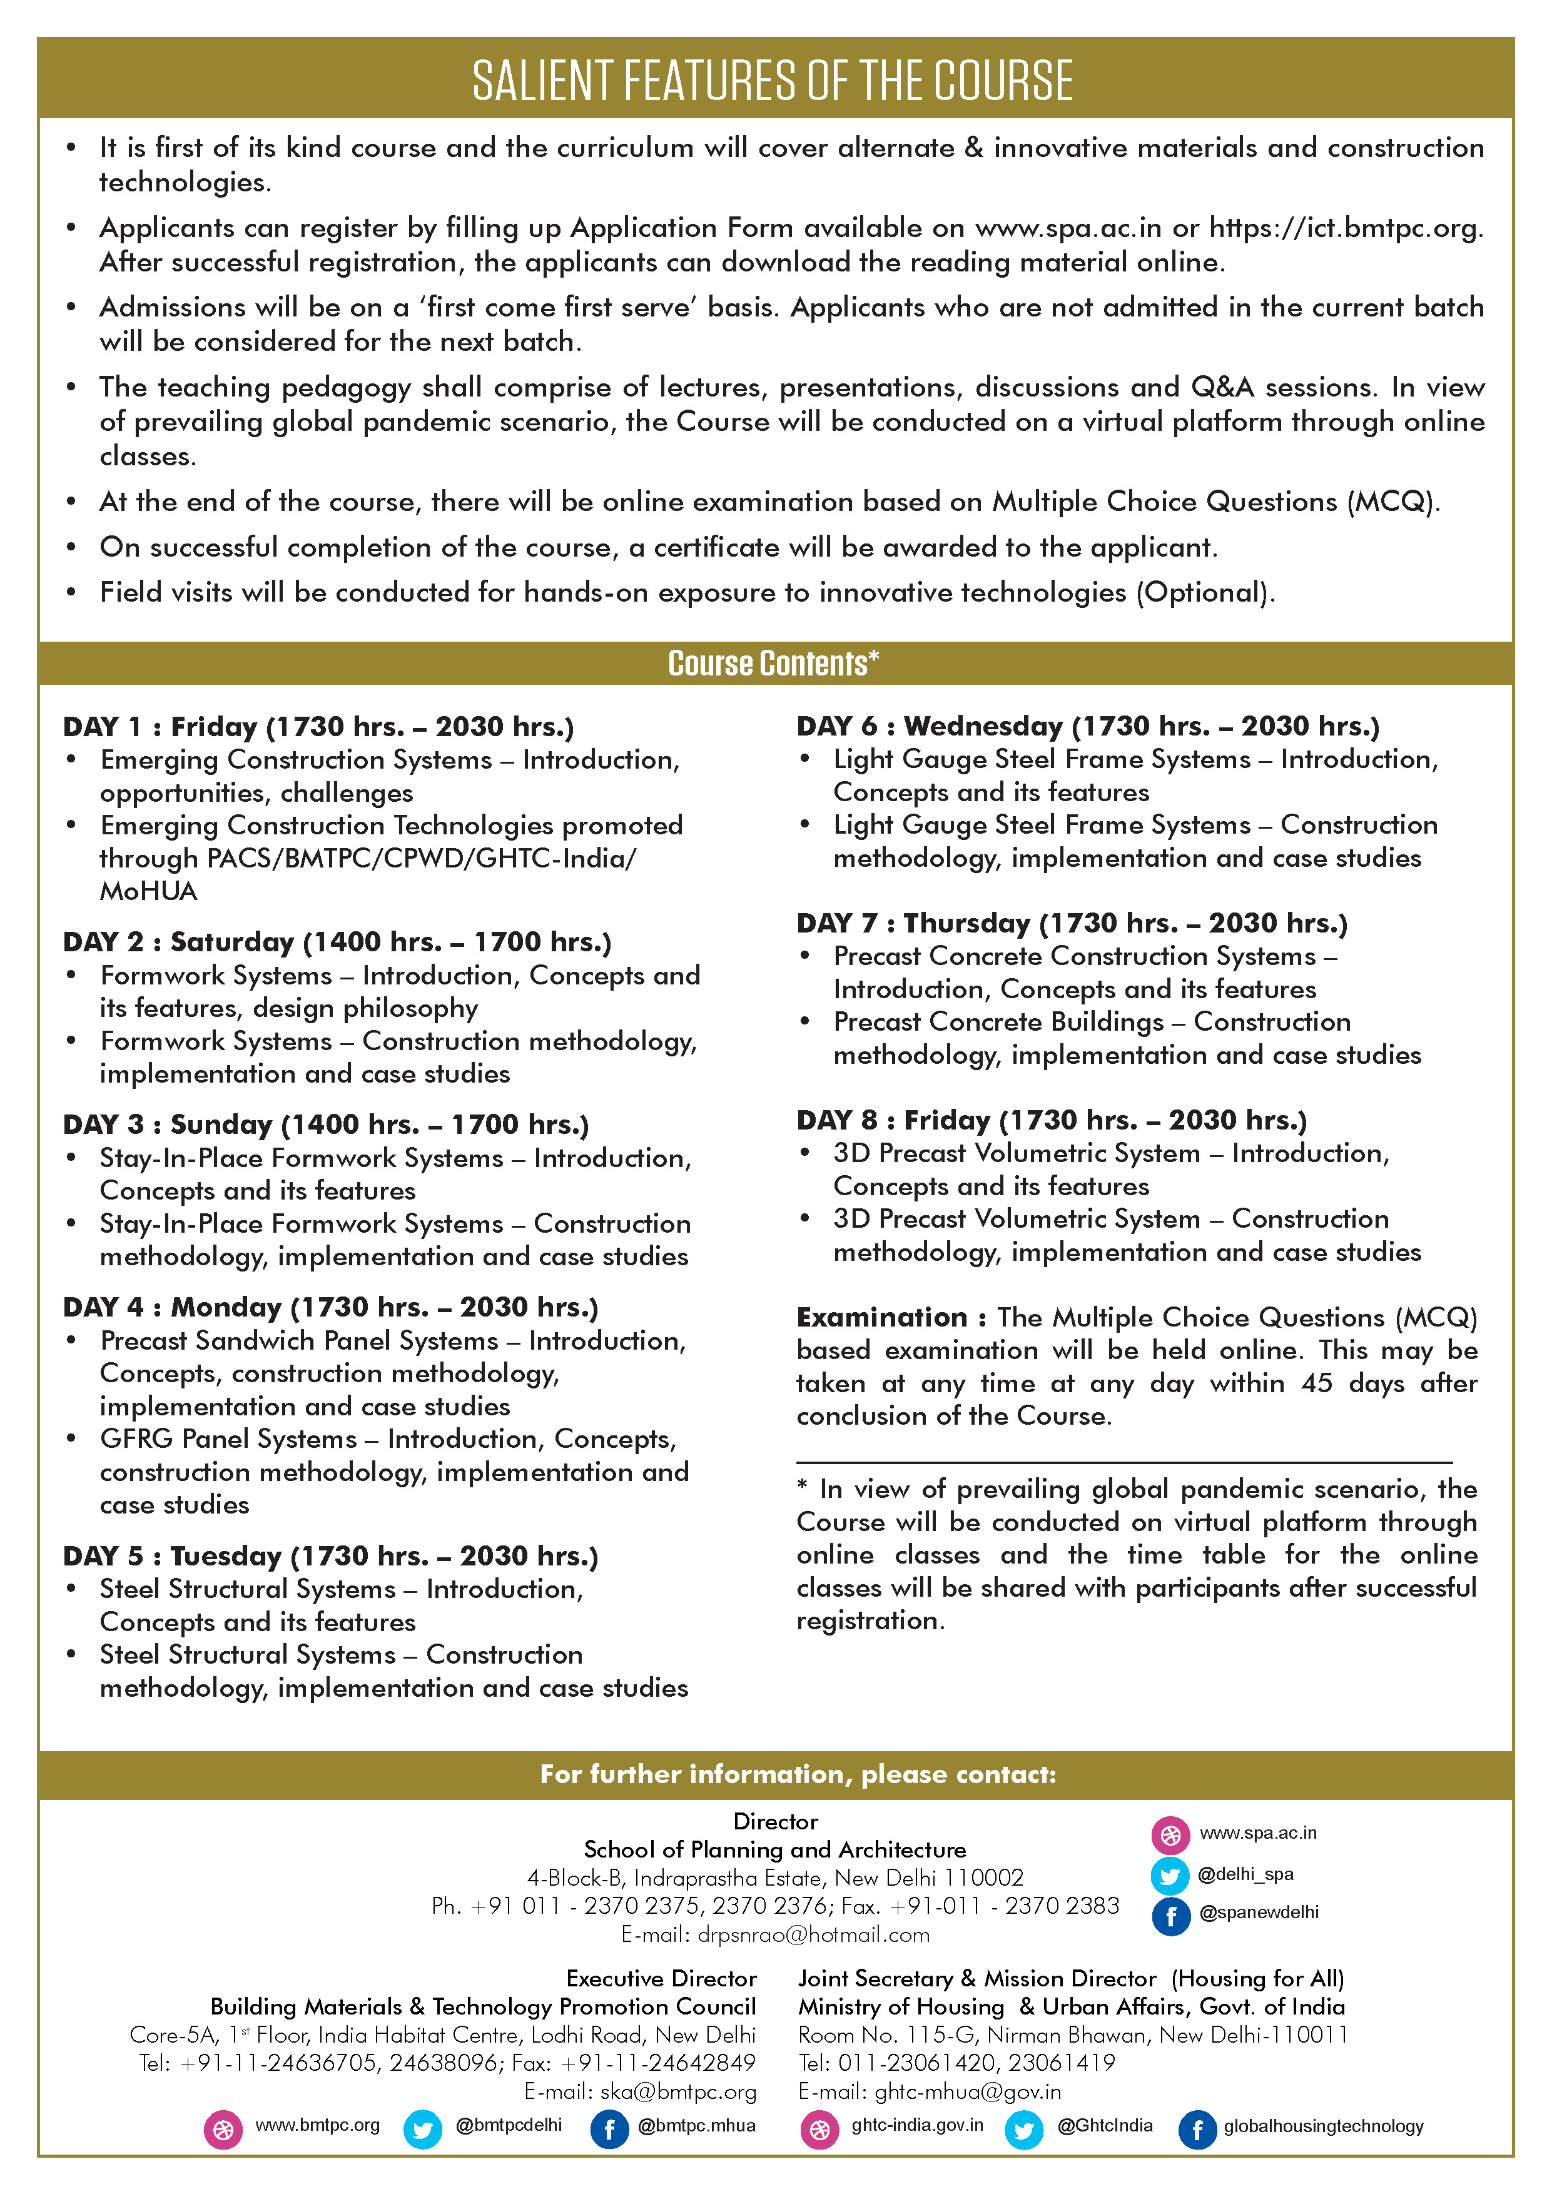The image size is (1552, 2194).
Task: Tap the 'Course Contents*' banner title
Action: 772,663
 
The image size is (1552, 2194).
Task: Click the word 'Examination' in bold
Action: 881,1318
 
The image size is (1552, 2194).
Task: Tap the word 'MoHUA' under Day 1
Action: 148,892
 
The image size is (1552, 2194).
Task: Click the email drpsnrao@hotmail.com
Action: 813,1935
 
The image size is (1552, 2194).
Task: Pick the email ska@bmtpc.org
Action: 677,2092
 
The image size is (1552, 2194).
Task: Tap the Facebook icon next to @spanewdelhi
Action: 1170,1916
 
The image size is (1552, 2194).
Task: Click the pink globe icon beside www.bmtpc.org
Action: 223,2130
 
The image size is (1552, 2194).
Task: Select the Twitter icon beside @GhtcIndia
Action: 1023,2130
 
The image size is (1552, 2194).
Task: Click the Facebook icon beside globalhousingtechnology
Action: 1197,2130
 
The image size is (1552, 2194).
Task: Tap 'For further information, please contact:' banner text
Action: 798,1774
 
